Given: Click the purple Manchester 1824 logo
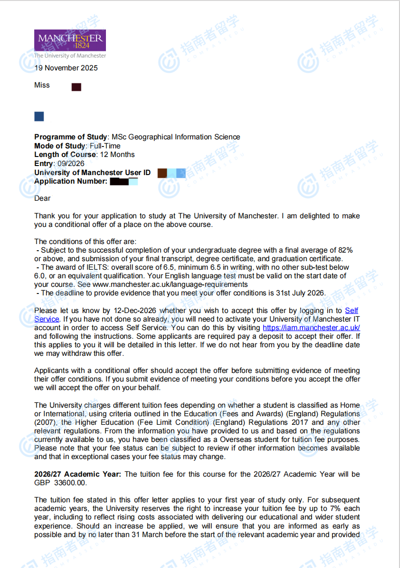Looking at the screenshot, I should (70, 40).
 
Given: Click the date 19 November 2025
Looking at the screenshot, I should (66, 68).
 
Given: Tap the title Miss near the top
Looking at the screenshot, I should (42, 85).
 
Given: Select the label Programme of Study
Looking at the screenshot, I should (71, 137).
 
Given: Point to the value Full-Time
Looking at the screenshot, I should (105, 146).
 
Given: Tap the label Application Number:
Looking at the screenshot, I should (71, 181).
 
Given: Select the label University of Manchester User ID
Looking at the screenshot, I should (92, 173).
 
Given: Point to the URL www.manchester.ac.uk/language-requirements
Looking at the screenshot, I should (170, 284).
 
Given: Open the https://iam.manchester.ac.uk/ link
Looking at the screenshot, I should (311, 328).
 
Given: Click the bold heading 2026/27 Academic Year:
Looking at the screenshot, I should (78, 474).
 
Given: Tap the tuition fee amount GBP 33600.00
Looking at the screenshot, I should (61, 483).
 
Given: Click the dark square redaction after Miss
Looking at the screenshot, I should (76, 87).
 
